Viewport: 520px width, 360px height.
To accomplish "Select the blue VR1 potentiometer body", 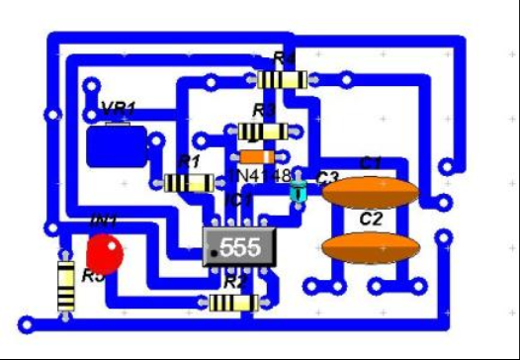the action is coord(117,146).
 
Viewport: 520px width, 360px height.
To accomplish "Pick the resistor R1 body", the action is coord(188,182).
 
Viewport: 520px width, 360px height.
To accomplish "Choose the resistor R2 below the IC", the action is coord(234,303).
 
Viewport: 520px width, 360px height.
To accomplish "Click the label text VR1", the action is coord(119,108).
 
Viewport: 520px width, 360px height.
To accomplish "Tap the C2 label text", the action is coord(371,220).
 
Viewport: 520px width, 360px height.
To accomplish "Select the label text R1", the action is coord(188,160).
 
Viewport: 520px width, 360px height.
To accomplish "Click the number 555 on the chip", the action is coord(239,247).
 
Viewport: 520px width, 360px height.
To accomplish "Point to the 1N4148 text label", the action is coord(260,175).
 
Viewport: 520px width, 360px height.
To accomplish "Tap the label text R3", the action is coord(264,109).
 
